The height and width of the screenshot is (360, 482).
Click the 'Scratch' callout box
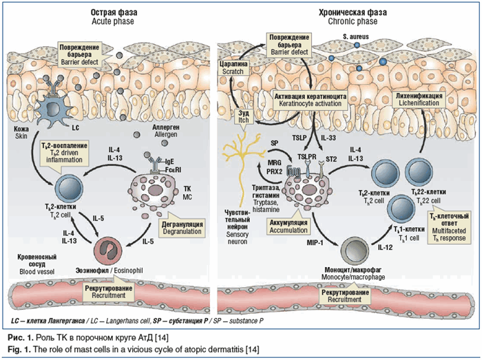(232, 66)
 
